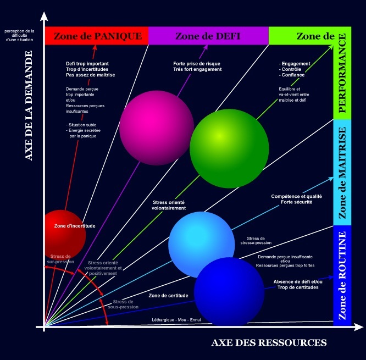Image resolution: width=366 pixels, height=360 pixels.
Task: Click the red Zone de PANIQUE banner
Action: (x=97, y=36)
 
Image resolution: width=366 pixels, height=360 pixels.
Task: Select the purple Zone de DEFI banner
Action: (x=208, y=36)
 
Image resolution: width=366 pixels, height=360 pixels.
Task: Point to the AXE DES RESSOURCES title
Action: (x=269, y=343)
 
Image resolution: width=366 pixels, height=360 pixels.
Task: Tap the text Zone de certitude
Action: (x=168, y=296)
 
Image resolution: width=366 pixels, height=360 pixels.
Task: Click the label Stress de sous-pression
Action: (x=123, y=304)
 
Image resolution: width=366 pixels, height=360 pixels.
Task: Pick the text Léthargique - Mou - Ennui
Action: (x=176, y=321)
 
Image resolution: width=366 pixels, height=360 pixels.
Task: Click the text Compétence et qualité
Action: (x=297, y=196)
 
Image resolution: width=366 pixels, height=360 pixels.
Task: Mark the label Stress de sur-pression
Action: (x=60, y=259)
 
